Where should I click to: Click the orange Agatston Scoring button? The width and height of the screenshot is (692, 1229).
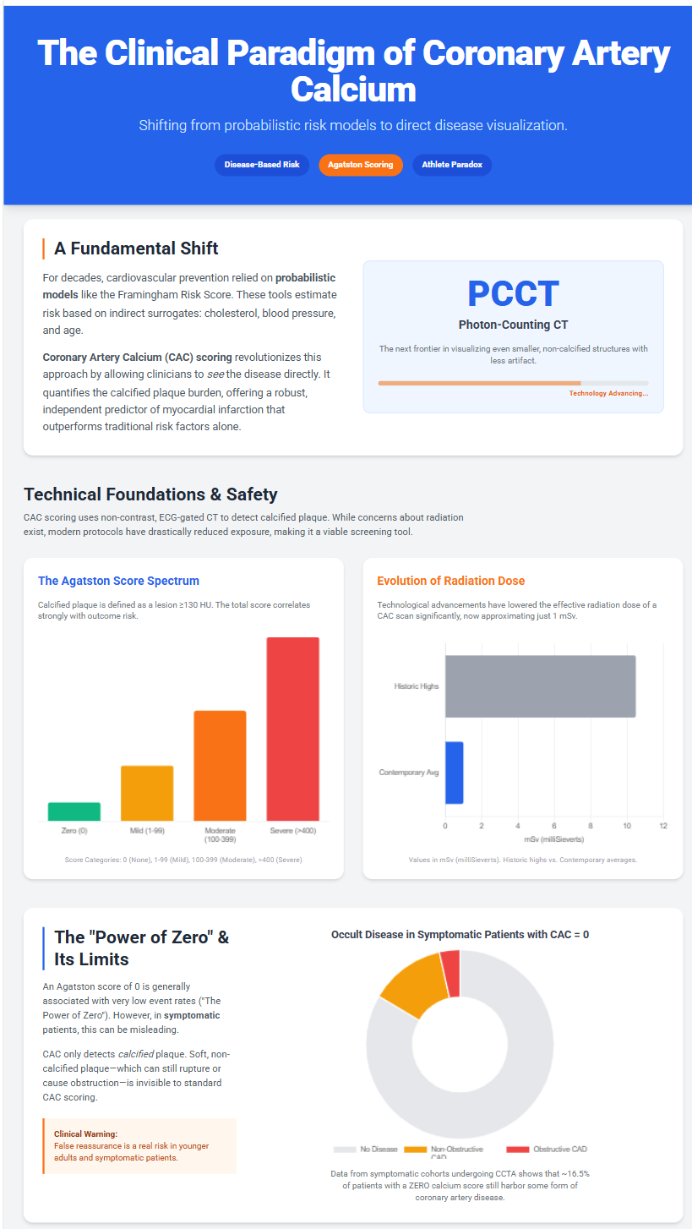tap(360, 165)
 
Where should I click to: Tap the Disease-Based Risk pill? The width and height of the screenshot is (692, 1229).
tap(262, 165)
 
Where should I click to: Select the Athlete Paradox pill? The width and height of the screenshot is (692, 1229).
tap(452, 165)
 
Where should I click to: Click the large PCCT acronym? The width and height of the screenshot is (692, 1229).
tap(513, 293)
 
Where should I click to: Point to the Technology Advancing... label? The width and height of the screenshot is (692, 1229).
tap(608, 393)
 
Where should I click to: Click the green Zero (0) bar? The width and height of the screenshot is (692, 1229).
tap(74, 811)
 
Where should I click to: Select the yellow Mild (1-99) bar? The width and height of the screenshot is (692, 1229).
tap(147, 794)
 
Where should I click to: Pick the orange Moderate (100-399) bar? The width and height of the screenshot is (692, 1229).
tap(220, 766)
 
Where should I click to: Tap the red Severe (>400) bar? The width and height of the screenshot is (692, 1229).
tap(293, 729)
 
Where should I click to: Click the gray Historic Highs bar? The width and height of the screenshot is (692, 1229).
tap(540, 686)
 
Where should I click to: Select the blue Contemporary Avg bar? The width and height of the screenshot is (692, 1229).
tap(454, 773)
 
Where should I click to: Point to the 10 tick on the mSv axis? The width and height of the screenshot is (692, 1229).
tap(627, 826)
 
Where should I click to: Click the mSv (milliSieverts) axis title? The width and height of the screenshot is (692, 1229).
tap(553, 839)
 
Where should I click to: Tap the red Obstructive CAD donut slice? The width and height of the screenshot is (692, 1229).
tap(450, 974)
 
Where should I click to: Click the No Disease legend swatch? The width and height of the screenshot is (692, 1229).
tap(345, 1149)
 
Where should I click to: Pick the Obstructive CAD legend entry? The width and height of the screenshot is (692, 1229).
tap(546, 1149)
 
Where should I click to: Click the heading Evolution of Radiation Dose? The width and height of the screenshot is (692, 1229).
tap(450, 581)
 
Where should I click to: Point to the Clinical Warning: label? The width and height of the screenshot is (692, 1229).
tap(85, 1133)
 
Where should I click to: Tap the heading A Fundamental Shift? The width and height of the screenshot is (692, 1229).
tap(136, 249)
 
